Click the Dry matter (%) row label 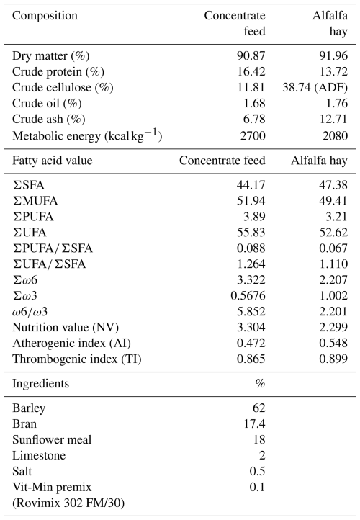pyautogui.click(x=50, y=55)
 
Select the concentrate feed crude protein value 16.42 pyautogui.click(x=251, y=71)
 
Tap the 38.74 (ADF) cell pyautogui.click(x=315, y=88)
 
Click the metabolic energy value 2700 pyautogui.click(x=253, y=135)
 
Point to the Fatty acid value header pyautogui.click(x=53, y=161)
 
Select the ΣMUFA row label pyautogui.click(x=35, y=201)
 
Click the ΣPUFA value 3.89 pyautogui.click(x=254, y=217)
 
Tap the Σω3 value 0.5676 pyautogui.click(x=248, y=295)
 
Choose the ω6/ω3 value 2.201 pyautogui.click(x=333, y=311)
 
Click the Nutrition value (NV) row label pyautogui.click(x=66, y=328)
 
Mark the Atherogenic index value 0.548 pyautogui.click(x=333, y=343)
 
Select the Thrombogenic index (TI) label pyautogui.click(x=77, y=359)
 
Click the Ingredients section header pyautogui.click(x=41, y=384)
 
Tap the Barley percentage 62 pyautogui.click(x=259, y=408)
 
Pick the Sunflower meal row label pyautogui.click(x=52, y=440)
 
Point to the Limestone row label pyautogui.click(x=39, y=456)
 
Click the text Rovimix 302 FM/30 pyautogui.click(x=68, y=503)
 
